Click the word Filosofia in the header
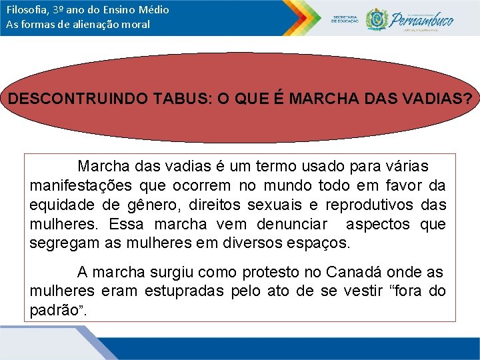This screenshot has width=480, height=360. coord(25,10)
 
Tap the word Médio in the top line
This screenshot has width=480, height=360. coord(154,10)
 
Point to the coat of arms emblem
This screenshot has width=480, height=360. coord(377,19)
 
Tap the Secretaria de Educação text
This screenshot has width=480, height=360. coord(345,19)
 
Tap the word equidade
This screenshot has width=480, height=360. coord(61,205)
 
